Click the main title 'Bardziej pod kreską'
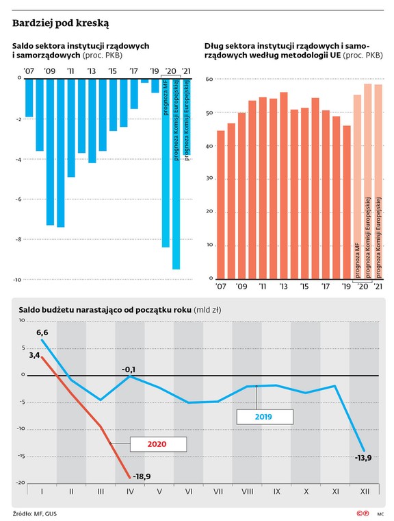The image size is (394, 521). (x=61, y=23)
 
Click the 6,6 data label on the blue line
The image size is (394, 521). (x=42, y=332)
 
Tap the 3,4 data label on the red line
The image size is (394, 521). (x=34, y=355)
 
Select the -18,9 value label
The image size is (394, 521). (x=142, y=476)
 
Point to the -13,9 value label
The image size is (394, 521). (x=363, y=457)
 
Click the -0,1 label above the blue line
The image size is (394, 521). (x=129, y=369)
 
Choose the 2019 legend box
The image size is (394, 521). (x=265, y=417)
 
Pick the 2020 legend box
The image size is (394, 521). (x=158, y=444)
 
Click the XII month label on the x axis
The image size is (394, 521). (x=365, y=491)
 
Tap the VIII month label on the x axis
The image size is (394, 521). (x=248, y=491)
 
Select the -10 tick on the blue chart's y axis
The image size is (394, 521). (x=17, y=280)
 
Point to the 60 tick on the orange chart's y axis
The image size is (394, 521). (x=209, y=79)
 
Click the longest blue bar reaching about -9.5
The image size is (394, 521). (x=176, y=173)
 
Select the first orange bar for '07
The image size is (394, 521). (x=221, y=205)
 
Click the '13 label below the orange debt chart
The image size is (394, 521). (x=283, y=287)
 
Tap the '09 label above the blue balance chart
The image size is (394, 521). (x=50, y=71)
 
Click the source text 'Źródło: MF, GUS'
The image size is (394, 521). (x=35, y=513)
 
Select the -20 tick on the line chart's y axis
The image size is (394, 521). (x=21, y=483)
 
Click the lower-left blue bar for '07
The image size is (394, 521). (x=29, y=98)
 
